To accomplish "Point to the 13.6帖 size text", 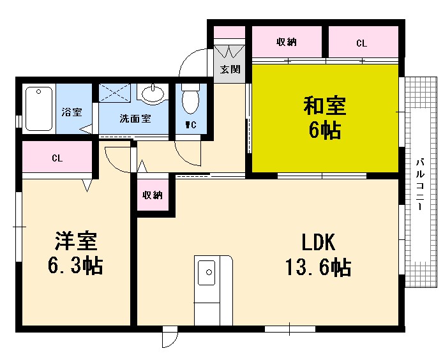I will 317,267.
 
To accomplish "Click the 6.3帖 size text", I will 76,266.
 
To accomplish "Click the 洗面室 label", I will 135,119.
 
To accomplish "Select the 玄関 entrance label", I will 230,69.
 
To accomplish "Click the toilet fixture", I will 190,101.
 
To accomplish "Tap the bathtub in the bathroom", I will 38,109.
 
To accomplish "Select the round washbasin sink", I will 153,96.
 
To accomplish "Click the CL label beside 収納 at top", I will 361,43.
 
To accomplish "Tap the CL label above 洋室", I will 57,158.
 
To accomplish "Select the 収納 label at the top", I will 287,43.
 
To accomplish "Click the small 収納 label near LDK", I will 153,195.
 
